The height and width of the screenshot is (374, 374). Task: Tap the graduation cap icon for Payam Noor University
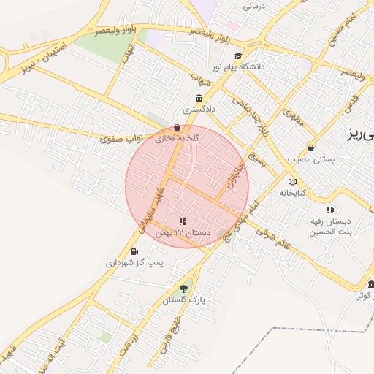237,56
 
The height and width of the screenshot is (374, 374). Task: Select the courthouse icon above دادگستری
199,99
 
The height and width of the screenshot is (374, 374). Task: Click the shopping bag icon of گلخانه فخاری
178,127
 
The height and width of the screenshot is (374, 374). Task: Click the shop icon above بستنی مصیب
311,147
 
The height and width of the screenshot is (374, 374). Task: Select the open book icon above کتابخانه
293,182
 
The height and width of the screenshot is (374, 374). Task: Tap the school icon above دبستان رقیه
330,210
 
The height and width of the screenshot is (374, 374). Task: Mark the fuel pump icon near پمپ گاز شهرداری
134,252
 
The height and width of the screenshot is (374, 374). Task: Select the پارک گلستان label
187,299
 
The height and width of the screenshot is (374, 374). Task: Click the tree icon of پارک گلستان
183,289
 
